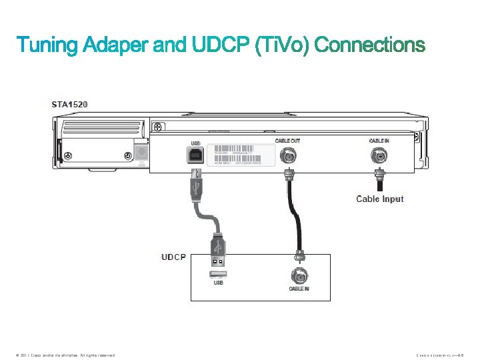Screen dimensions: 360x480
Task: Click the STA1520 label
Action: pos(69,105)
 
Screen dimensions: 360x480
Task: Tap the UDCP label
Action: pos(173,257)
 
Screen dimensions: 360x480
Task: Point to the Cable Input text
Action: pos(380,199)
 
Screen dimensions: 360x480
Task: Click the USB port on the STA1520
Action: pos(197,155)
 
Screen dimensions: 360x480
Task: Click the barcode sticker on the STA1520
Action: pos(240,155)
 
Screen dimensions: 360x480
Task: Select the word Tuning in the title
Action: pos(48,45)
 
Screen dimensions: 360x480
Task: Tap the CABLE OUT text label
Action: pos(288,141)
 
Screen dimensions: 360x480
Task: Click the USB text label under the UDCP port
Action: pos(218,283)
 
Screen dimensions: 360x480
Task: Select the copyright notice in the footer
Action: pos(63,355)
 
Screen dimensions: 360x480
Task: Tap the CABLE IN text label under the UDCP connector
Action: pos(299,289)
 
